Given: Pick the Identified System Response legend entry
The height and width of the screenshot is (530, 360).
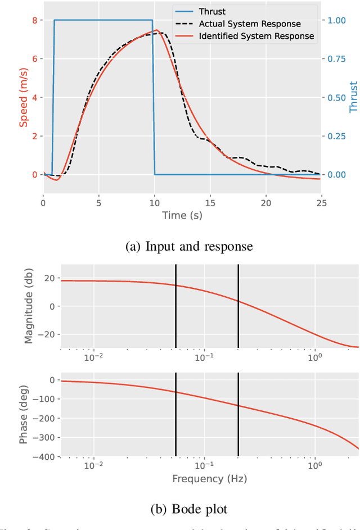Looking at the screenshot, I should pos(256,37).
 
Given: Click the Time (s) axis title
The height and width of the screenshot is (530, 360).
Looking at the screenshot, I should pos(182,215).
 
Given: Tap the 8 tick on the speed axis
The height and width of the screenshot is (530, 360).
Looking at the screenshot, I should pos(34,20).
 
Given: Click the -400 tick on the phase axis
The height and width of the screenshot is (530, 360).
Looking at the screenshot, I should pos(46,457).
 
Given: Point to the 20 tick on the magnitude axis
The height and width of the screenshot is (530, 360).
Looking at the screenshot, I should pos(49,278).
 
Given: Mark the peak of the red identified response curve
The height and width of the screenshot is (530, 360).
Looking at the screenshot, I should pos(156,30).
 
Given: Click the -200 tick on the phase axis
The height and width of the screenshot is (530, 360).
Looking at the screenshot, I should pos(46,419).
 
